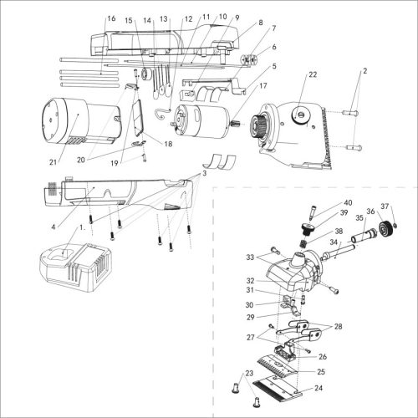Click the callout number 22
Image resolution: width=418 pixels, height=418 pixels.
[x=313, y=74]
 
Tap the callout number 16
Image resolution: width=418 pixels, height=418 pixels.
[x=111, y=18]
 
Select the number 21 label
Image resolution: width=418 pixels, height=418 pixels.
[x=53, y=162]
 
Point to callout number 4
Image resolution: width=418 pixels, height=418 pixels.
[x=54, y=227]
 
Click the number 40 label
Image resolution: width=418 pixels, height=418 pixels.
[x=348, y=202]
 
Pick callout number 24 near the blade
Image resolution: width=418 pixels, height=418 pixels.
[x=319, y=388]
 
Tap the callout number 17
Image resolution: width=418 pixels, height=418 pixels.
[x=263, y=85]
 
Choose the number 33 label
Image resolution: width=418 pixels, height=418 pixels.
[x=250, y=257]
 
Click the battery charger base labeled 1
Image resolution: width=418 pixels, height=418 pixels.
[x=76, y=268]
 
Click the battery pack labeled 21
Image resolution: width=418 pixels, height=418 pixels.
[x=81, y=121]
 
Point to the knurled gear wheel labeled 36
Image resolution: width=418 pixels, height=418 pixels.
[x=387, y=227]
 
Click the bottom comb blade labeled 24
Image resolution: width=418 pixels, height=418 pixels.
[x=278, y=386]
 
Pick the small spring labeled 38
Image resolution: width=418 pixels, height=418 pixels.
[x=303, y=245]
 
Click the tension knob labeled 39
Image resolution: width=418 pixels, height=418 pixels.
[x=308, y=228]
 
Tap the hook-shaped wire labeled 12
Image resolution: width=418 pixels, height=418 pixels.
[x=162, y=113]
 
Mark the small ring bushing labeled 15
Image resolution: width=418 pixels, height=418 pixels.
[x=146, y=73]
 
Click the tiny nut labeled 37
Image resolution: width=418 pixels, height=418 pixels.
[x=395, y=226]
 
